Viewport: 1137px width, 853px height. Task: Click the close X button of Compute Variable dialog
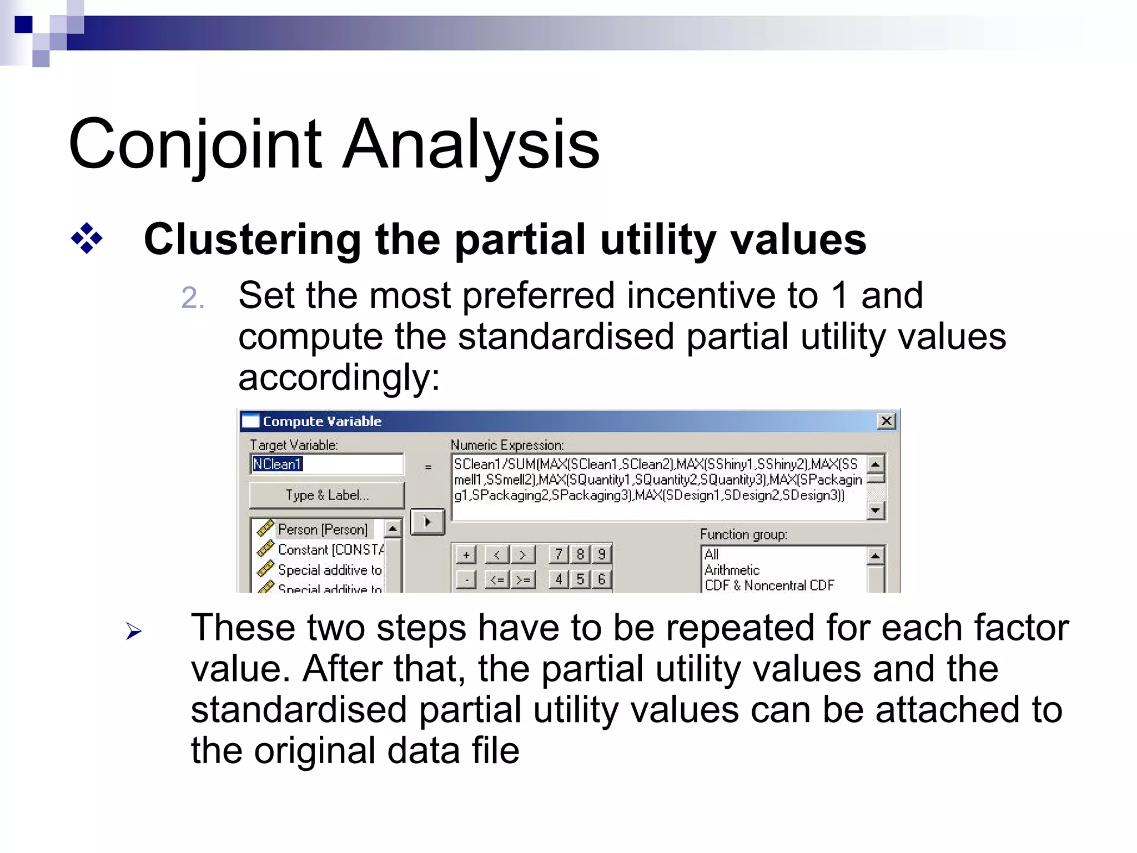pos(886,421)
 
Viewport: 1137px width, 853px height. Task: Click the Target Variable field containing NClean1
pos(326,464)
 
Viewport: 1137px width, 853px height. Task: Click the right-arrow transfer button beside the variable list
pos(427,522)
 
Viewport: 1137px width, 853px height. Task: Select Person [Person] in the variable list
pos(322,529)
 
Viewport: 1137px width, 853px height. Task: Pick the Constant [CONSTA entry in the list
pos(330,549)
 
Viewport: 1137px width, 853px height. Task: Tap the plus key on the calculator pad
pos(466,554)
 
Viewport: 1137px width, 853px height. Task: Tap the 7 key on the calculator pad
pos(559,554)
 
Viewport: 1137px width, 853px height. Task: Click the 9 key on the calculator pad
pos(601,554)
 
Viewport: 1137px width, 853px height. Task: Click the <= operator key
pos(497,579)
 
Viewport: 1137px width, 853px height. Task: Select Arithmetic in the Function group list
pos(732,570)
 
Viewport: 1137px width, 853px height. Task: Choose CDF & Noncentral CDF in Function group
pos(769,585)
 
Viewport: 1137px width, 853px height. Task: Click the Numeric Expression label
pos(507,445)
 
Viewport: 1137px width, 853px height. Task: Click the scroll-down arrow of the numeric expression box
pos(876,510)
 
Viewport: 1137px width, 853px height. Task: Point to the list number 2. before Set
pos(193,298)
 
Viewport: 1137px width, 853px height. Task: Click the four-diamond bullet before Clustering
pos(87,239)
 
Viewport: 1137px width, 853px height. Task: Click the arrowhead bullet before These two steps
pos(134,631)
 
